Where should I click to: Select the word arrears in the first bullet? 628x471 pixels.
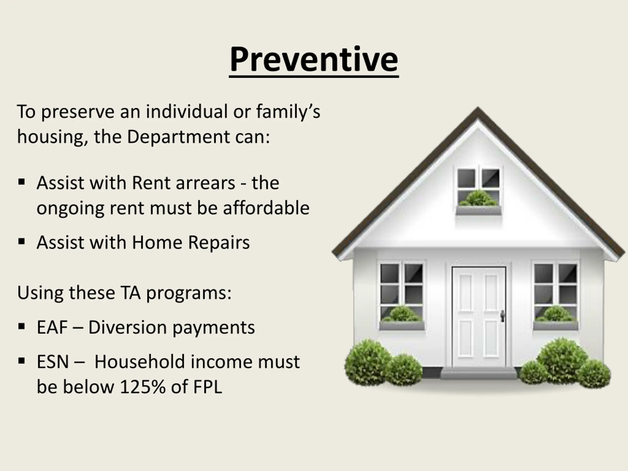205,183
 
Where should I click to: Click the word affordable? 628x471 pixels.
266,208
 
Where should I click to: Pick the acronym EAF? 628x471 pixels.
52,327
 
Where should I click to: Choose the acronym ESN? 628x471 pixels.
53,362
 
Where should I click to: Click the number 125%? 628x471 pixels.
143,387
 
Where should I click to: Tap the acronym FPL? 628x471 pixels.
208,387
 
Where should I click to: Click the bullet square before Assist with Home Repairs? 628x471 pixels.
22,242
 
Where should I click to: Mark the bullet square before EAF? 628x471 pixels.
22,327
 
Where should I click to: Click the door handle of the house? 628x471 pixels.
502,316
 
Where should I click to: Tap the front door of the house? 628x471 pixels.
479,317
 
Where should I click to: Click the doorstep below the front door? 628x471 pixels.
479,373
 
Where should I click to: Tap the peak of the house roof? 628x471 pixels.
478,108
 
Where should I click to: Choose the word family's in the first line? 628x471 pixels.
288,112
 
